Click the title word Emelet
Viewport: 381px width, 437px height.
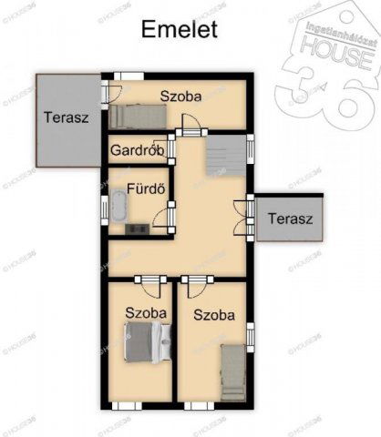tap(180, 29)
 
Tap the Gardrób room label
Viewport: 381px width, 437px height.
tap(137, 149)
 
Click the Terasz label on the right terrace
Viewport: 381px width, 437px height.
tap(290, 218)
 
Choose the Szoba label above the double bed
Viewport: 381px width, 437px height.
tap(146, 312)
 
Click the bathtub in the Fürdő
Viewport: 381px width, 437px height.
tap(119, 206)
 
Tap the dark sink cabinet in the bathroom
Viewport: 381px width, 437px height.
tap(139, 228)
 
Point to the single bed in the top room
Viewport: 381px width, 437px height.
tap(138, 115)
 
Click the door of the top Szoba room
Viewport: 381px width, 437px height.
tap(189, 124)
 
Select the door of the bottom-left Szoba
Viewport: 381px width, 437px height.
tap(150, 288)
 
